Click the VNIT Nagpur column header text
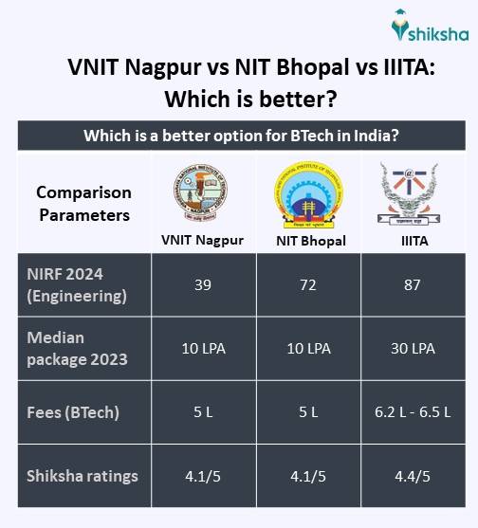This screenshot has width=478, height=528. click(x=201, y=240)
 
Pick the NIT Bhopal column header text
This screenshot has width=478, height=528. click(x=307, y=241)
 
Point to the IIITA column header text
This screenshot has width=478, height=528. click(x=413, y=241)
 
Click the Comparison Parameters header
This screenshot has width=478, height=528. click(x=83, y=204)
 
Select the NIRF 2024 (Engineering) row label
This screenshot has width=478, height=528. click(x=73, y=284)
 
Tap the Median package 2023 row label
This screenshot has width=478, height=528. click(x=69, y=348)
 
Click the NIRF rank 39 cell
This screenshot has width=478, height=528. click(x=201, y=284)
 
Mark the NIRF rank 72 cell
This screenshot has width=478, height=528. click(x=307, y=284)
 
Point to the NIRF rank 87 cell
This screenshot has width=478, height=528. click(x=413, y=284)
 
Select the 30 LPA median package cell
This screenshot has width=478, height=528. click(x=413, y=348)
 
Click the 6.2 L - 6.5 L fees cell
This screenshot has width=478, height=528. click(x=413, y=412)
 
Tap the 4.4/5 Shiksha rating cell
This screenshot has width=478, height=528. click(x=413, y=476)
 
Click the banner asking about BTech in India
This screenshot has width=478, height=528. click(x=240, y=135)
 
